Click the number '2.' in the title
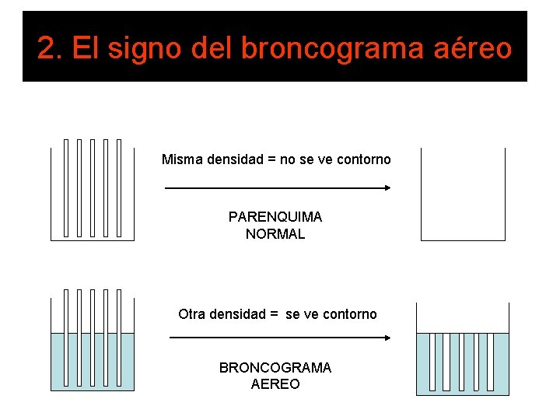[50, 48]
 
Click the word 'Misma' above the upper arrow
[180, 159]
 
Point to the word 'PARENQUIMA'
[275, 217]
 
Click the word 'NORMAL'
[275, 234]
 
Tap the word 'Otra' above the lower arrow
[192, 314]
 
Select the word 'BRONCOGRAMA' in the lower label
[275, 368]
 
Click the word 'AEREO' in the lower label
[275, 384]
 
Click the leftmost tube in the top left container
[66, 187]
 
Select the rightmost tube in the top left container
[118, 187]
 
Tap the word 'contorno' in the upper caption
[365, 159]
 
